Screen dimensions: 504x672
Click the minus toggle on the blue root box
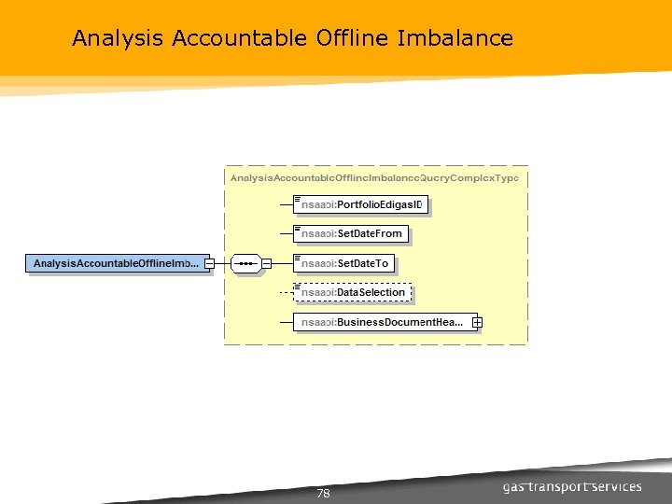(210, 264)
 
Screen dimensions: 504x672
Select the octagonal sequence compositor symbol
(246, 264)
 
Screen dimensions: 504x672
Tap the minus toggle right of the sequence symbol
(266, 264)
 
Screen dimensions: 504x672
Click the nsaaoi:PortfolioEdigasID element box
(360, 204)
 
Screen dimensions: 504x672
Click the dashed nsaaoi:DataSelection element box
(352, 292)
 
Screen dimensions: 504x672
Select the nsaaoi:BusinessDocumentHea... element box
(384, 322)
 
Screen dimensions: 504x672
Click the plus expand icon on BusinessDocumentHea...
(477, 322)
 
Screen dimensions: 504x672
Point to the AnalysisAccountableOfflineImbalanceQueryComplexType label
(374, 177)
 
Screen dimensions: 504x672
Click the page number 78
(323, 494)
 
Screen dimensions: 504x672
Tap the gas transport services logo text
(571, 487)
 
